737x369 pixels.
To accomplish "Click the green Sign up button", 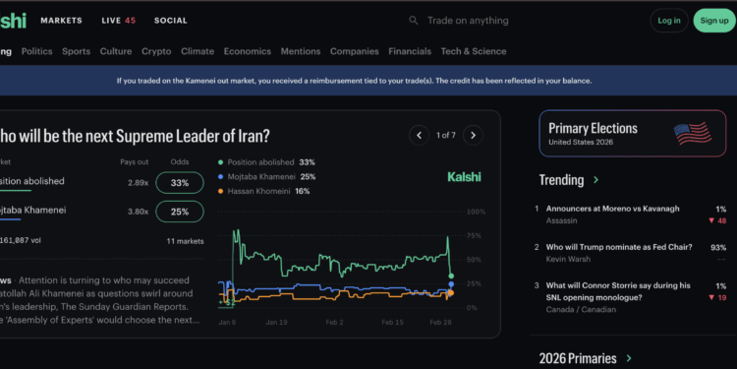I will [x=710, y=20].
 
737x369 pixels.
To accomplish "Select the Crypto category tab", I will [x=156, y=51].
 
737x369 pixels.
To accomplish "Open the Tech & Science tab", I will [x=474, y=51].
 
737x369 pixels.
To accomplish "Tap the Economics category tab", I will [x=247, y=51].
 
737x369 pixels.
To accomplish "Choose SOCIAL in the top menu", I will [x=170, y=20].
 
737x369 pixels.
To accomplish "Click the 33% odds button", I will [x=180, y=182].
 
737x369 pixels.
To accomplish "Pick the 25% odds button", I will [x=180, y=211].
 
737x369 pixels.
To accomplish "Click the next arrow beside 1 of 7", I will [x=473, y=135].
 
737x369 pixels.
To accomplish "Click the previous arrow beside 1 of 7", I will [x=420, y=135].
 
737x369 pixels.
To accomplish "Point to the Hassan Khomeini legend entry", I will [x=262, y=191].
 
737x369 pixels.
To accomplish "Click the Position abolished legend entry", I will [x=265, y=161].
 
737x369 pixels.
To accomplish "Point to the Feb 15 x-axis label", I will [x=392, y=322].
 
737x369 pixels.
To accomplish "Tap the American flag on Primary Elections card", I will [x=693, y=134].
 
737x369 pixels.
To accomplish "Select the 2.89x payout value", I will [x=138, y=182].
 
